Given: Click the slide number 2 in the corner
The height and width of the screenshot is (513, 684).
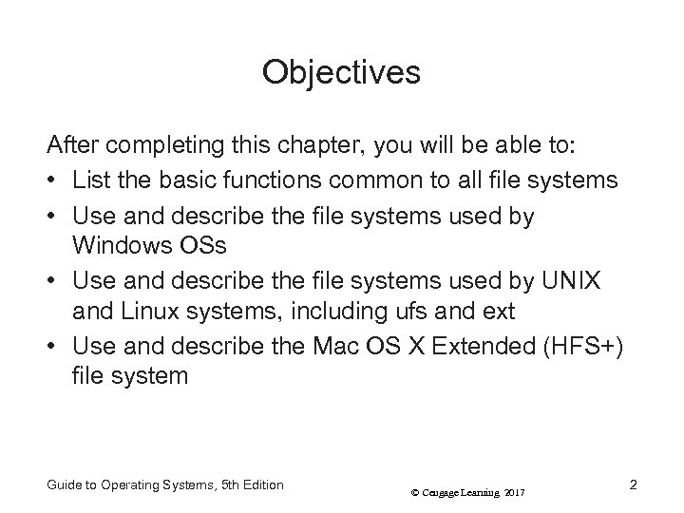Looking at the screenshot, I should pos(633,484).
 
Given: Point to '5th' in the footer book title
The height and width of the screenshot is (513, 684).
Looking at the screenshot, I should pos(232,484).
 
